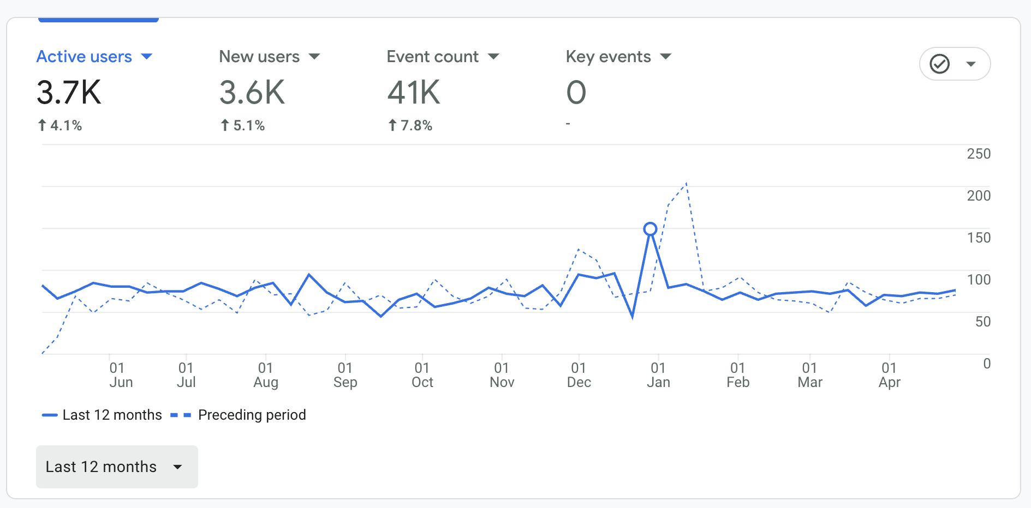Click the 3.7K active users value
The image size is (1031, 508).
pos(69,92)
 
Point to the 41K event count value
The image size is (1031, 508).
pos(414,92)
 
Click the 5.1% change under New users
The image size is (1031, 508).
pos(243,126)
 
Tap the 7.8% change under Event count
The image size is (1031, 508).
pos(410,126)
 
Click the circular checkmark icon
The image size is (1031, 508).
pos(939,64)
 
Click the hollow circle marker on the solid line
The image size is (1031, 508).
pos(650,229)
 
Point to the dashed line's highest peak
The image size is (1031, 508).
pos(686,183)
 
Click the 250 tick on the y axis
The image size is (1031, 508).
pos(979,154)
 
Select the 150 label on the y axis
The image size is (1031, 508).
pos(979,238)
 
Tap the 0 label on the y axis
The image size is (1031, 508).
pos(986,364)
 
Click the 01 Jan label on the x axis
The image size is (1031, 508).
pos(658,375)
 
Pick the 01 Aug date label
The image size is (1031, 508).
pos(266,375)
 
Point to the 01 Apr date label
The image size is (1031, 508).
pos(889,375)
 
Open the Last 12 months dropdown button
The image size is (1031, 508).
pos(117,467)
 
